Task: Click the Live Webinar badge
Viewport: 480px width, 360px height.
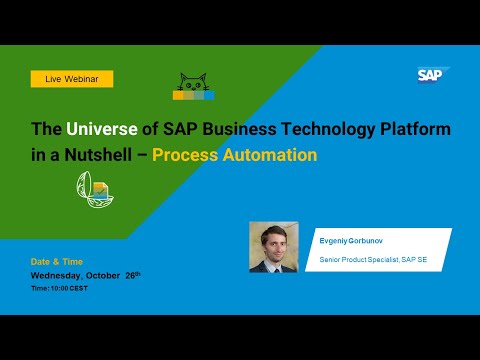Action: (x=71, y=78)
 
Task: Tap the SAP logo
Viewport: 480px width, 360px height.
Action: (x=433, y=74)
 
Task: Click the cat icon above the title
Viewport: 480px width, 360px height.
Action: (x=193, y=87)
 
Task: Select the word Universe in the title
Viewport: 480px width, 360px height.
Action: (x=95, y=130)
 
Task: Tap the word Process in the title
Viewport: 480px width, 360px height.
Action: (x=192, y=155)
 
